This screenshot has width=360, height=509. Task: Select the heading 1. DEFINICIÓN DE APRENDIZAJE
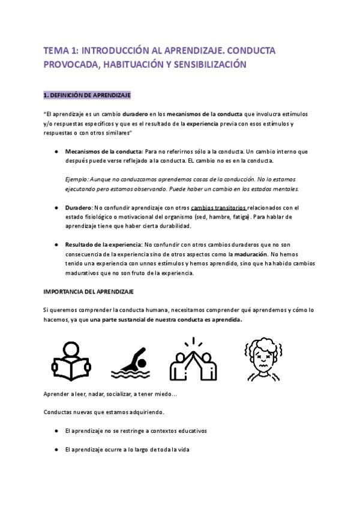88,95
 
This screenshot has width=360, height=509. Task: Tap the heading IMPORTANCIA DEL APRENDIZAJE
89,291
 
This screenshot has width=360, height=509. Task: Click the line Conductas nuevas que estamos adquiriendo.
104,412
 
